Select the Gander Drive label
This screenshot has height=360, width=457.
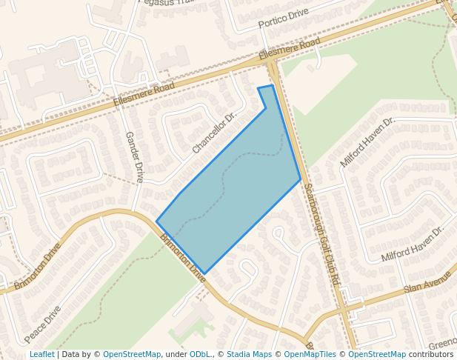click(134, 157)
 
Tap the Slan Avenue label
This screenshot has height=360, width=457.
click(427, 281)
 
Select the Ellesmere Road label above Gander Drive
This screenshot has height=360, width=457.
click(144, 94)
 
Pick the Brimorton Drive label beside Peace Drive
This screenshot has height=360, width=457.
click(36, 265)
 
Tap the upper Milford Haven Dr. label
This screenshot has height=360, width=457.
click(368, 141)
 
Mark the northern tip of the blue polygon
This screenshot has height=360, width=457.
click(272, 86)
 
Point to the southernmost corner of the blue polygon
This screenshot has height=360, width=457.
click(204, 273)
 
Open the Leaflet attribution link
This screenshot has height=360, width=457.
click(41, 354)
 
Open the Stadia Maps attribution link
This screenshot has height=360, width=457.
click(249, 354)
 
